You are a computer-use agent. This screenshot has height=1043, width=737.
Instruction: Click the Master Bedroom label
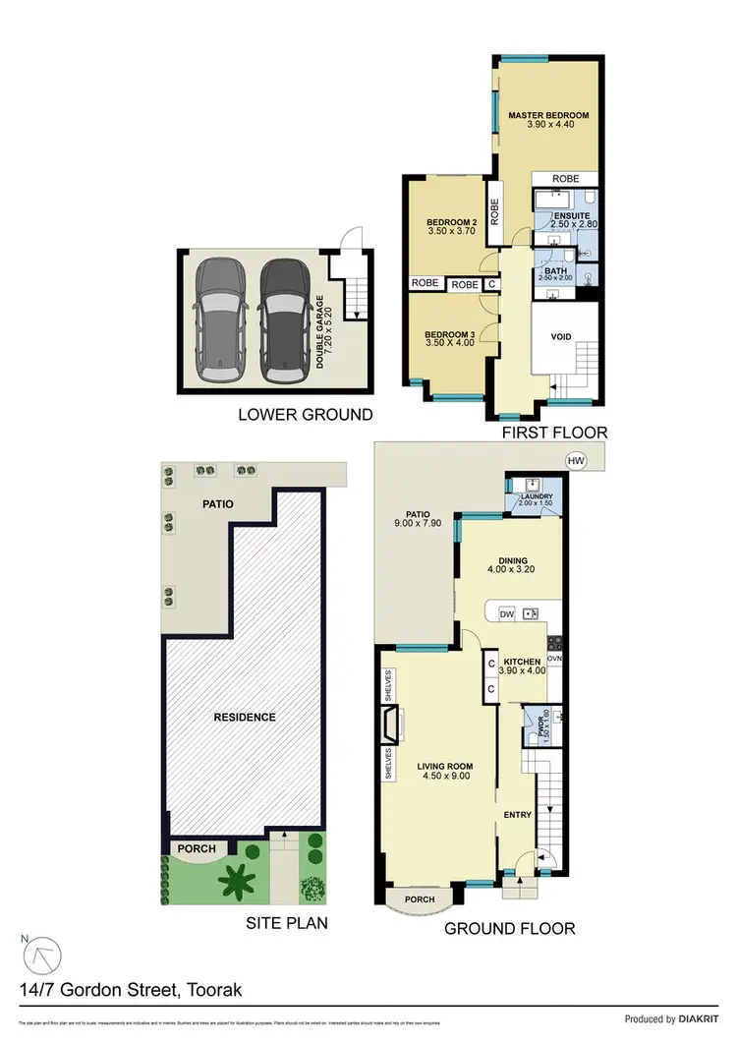click(547, 116)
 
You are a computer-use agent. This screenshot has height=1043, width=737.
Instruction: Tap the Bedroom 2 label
click(450, 223)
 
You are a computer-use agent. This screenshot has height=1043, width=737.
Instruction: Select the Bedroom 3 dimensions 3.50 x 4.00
click(450, 344)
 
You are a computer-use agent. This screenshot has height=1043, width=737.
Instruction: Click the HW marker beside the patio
click(573, 460)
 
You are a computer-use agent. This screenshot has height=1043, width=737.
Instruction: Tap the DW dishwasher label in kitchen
click(507, 614)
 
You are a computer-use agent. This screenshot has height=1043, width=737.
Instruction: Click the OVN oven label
click(553, 659)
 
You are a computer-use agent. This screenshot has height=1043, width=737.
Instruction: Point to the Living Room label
click(439, 765)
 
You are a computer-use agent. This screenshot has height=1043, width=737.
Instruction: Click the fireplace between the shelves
click(391, 726)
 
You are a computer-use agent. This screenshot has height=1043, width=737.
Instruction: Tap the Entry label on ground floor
click(517, 815)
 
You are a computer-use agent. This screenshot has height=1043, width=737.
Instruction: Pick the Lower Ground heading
click(306, 415)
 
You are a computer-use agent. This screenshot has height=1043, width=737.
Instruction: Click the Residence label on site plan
click(245, 717)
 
